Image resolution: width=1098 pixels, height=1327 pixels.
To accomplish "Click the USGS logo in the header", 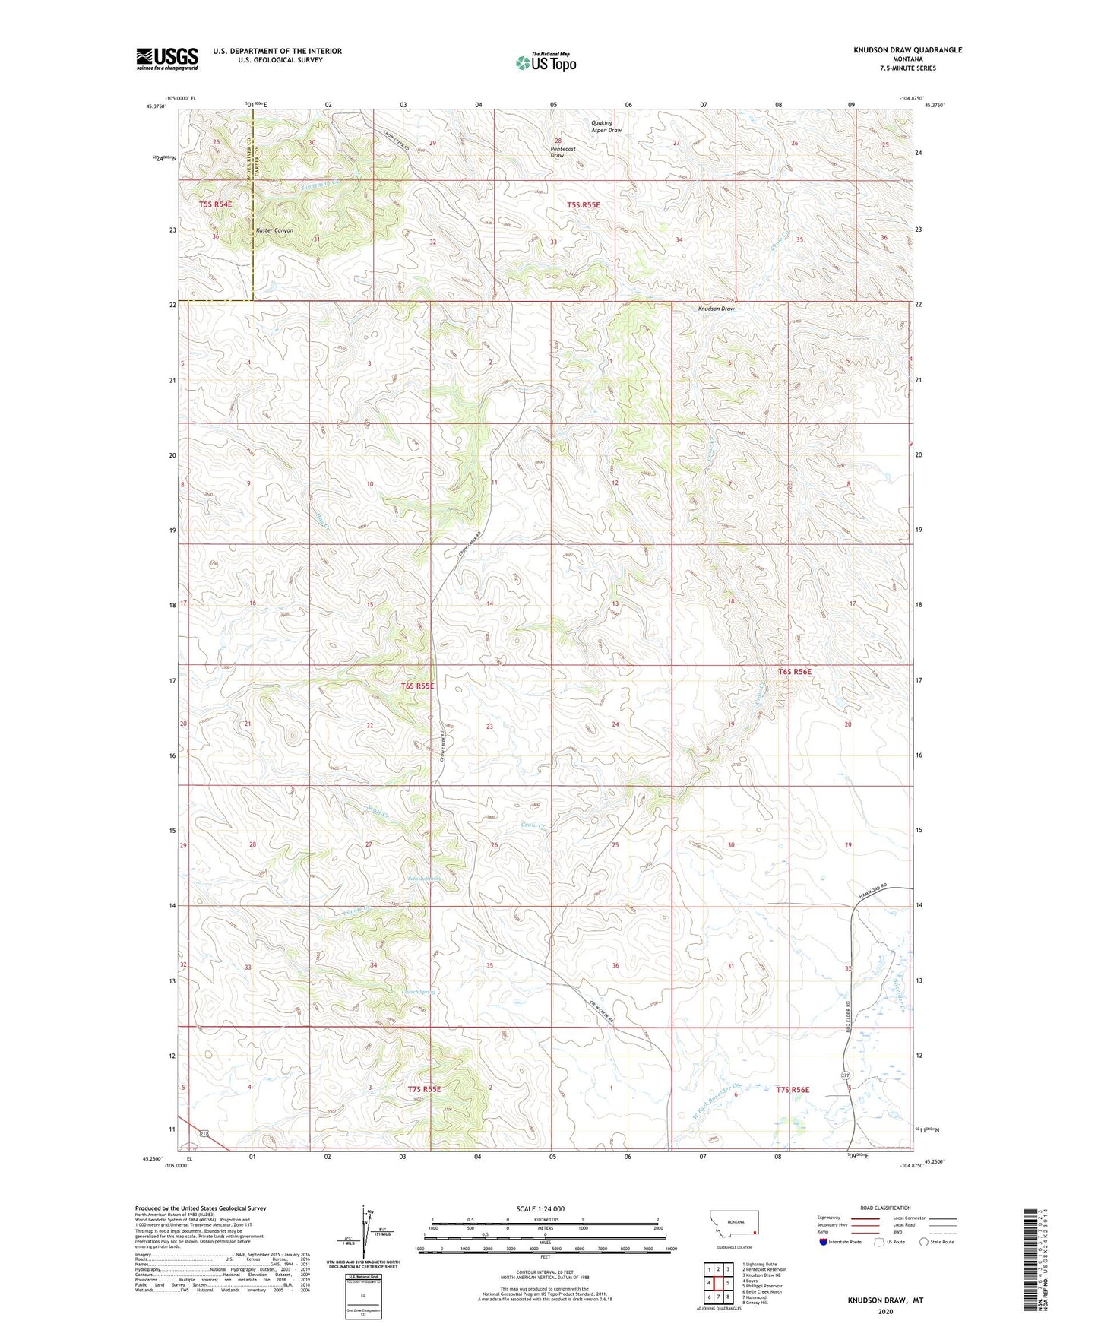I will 167,59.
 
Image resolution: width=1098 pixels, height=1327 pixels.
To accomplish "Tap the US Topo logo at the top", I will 546,63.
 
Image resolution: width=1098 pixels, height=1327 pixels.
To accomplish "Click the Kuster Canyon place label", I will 274,230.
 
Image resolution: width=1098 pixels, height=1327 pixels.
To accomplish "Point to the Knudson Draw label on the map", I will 717,309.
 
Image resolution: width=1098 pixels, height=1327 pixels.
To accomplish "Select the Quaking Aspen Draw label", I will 606,126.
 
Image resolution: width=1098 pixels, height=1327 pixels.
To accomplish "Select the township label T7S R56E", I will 793,1090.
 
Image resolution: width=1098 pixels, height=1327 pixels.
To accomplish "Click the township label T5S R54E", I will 215,204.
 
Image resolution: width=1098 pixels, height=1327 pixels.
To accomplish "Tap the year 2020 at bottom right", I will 884,1311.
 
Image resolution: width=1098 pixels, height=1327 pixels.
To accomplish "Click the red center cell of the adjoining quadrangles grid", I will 718,1283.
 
